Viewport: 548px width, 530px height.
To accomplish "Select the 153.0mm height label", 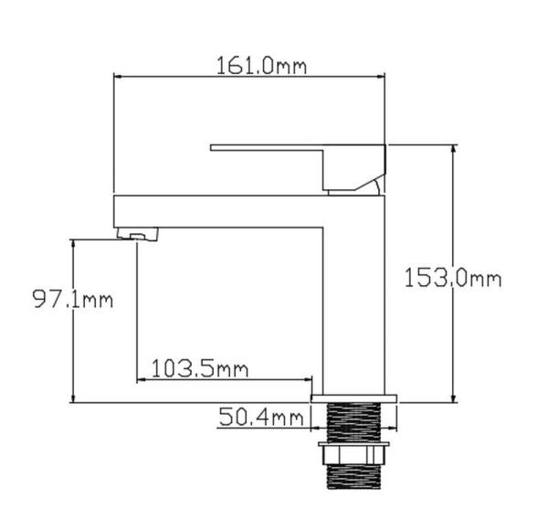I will tap(452, 278).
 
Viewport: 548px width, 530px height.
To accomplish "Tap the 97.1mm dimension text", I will tap(74, 300).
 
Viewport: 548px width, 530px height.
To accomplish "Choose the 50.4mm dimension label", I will tap(260, 419).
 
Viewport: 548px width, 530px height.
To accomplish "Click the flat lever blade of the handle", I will tap(265, 147).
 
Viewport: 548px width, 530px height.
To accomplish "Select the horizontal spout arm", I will tap(219, 210).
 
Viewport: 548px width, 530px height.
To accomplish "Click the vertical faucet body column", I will tap(356, 302).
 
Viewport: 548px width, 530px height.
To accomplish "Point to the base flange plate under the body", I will tap(355, 398).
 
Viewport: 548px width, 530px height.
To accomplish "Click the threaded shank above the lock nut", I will tap(355, 421).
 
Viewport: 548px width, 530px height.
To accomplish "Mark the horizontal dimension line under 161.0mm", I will tap(248, 79).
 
